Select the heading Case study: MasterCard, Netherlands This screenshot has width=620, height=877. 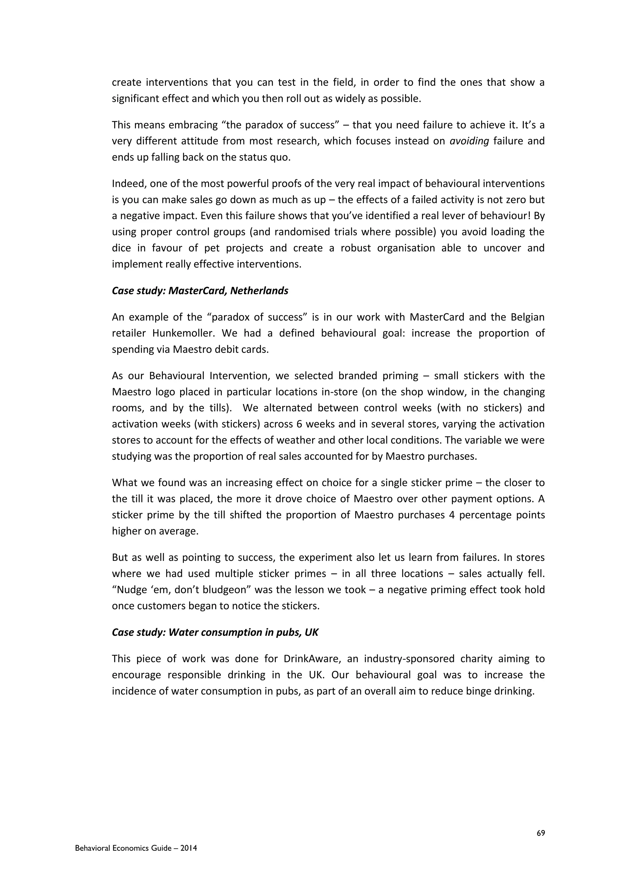click(x=200, y=291)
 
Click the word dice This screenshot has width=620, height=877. click(x=121, y=248)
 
